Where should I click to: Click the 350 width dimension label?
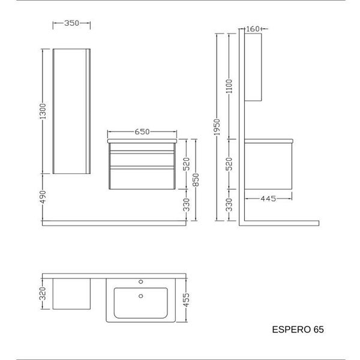point(71,23)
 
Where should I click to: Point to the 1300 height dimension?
point(43,112)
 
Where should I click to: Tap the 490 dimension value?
point(43,197)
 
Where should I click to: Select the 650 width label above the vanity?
point(142,132)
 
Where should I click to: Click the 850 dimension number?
point(196,180)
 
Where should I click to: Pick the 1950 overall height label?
point(217,127)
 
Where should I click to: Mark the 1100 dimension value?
point(229,86)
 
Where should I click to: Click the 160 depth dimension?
point(253,29)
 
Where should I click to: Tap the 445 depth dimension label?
point(268,199)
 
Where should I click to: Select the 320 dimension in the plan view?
point(43,293)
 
